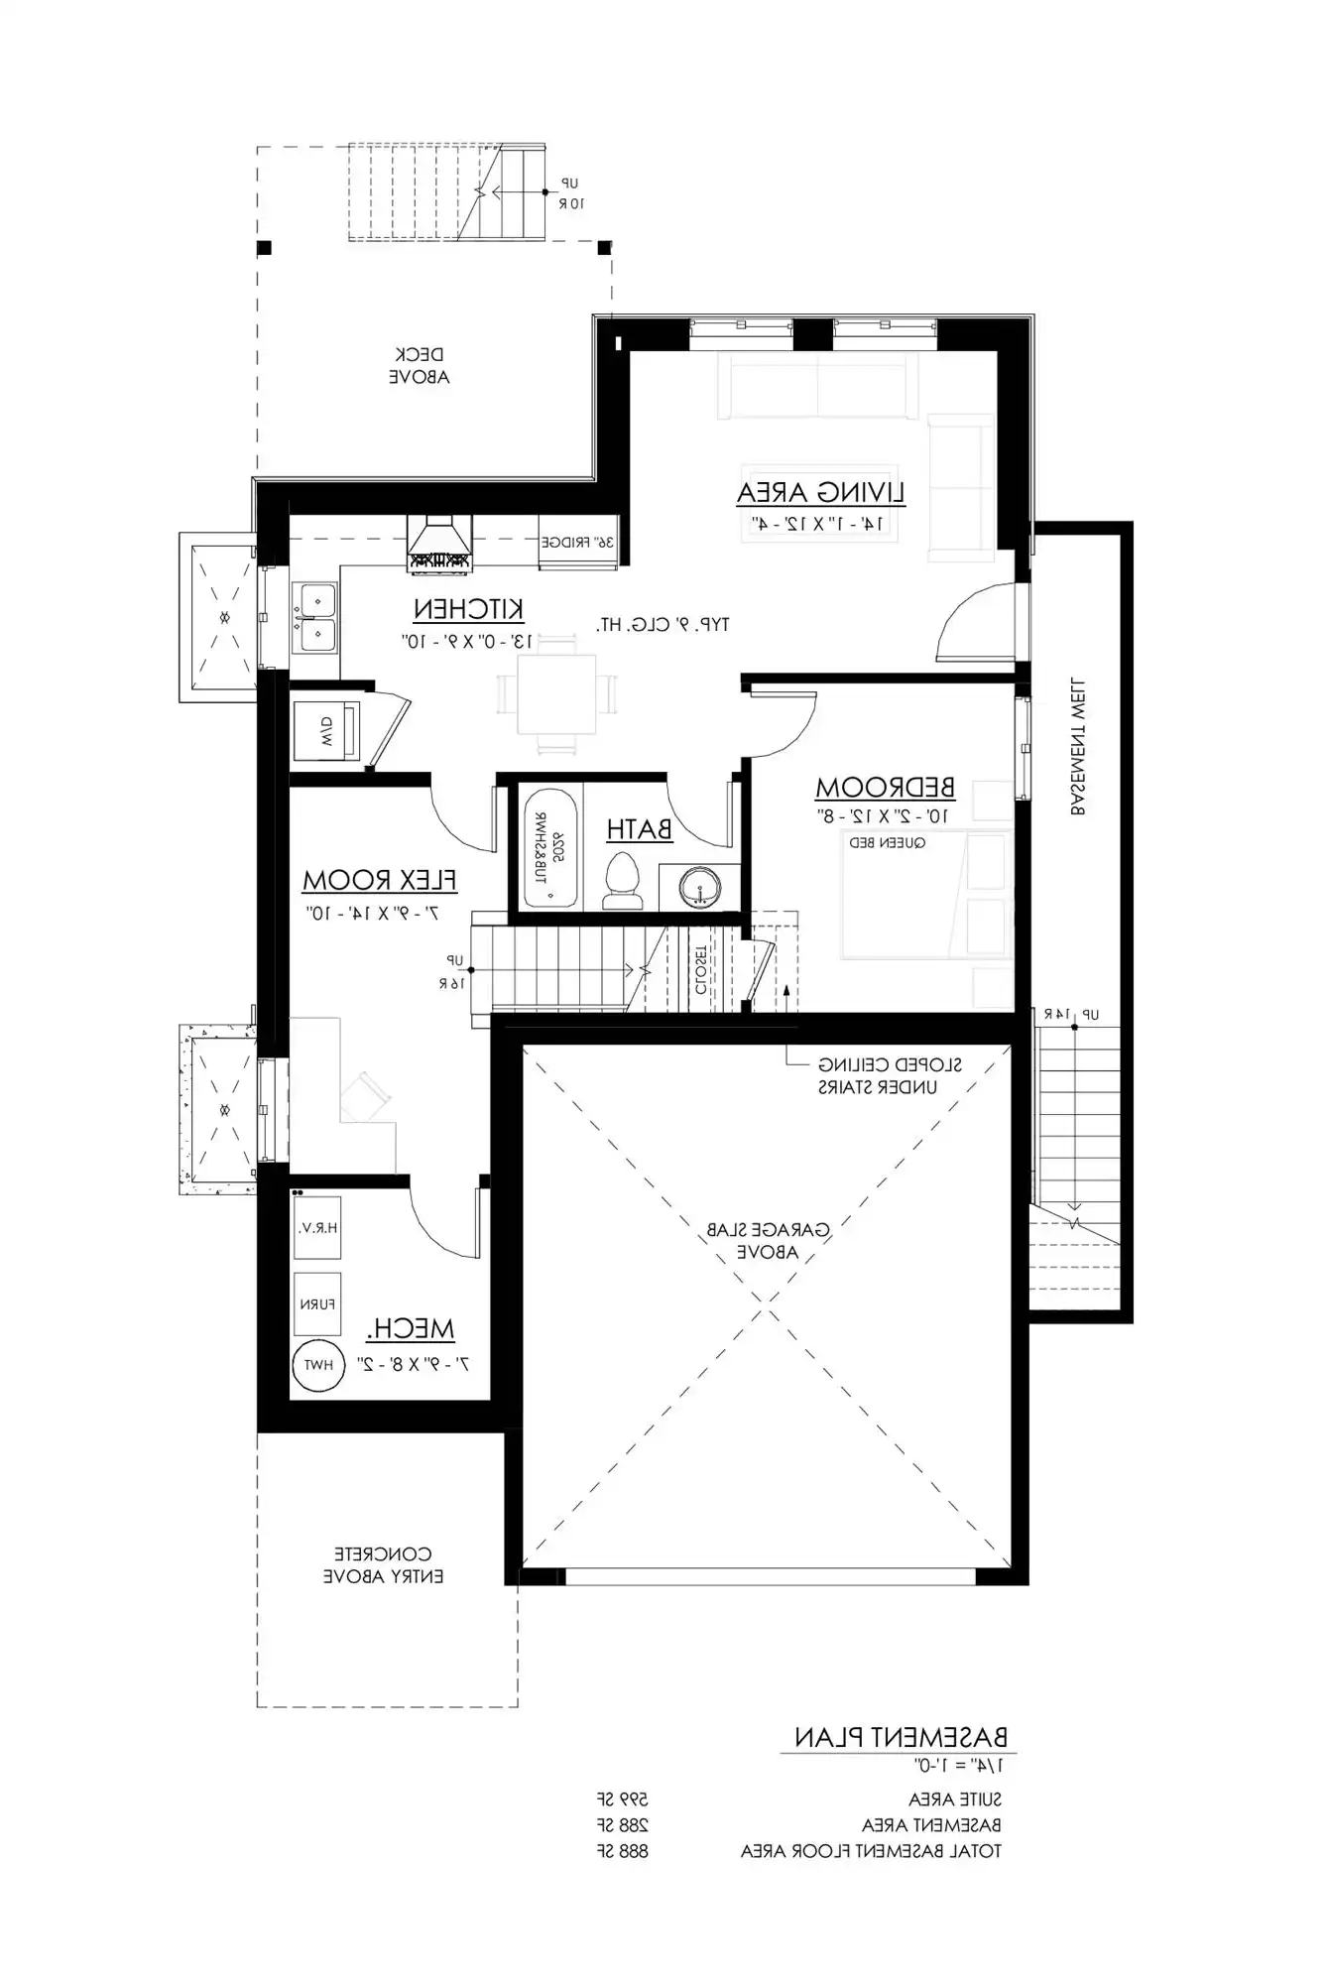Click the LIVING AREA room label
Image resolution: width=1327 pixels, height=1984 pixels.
point(820,492)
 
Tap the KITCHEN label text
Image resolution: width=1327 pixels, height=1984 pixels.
point(468,608)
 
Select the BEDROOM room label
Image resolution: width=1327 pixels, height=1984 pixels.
point(885,788)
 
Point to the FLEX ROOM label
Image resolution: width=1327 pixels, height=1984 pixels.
point(379,880)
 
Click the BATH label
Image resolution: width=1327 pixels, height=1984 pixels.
point(639,829)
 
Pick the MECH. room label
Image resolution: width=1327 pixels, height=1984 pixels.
point(410,1328)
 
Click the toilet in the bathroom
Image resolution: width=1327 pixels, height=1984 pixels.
point(623,880)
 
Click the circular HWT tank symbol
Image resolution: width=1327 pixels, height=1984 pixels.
point(318,1365)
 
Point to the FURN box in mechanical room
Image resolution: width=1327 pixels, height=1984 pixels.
point(317,1303)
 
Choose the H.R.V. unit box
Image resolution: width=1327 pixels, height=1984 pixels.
point(317,1227)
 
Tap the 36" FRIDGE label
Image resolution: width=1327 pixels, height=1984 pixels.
point(578,543)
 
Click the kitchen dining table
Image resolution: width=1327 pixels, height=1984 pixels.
point(555,693)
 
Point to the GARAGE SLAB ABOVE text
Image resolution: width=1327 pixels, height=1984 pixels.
point(768,1240)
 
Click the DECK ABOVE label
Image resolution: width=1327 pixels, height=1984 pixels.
point(419,365)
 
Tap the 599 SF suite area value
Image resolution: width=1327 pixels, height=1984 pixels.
point(623,1798)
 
